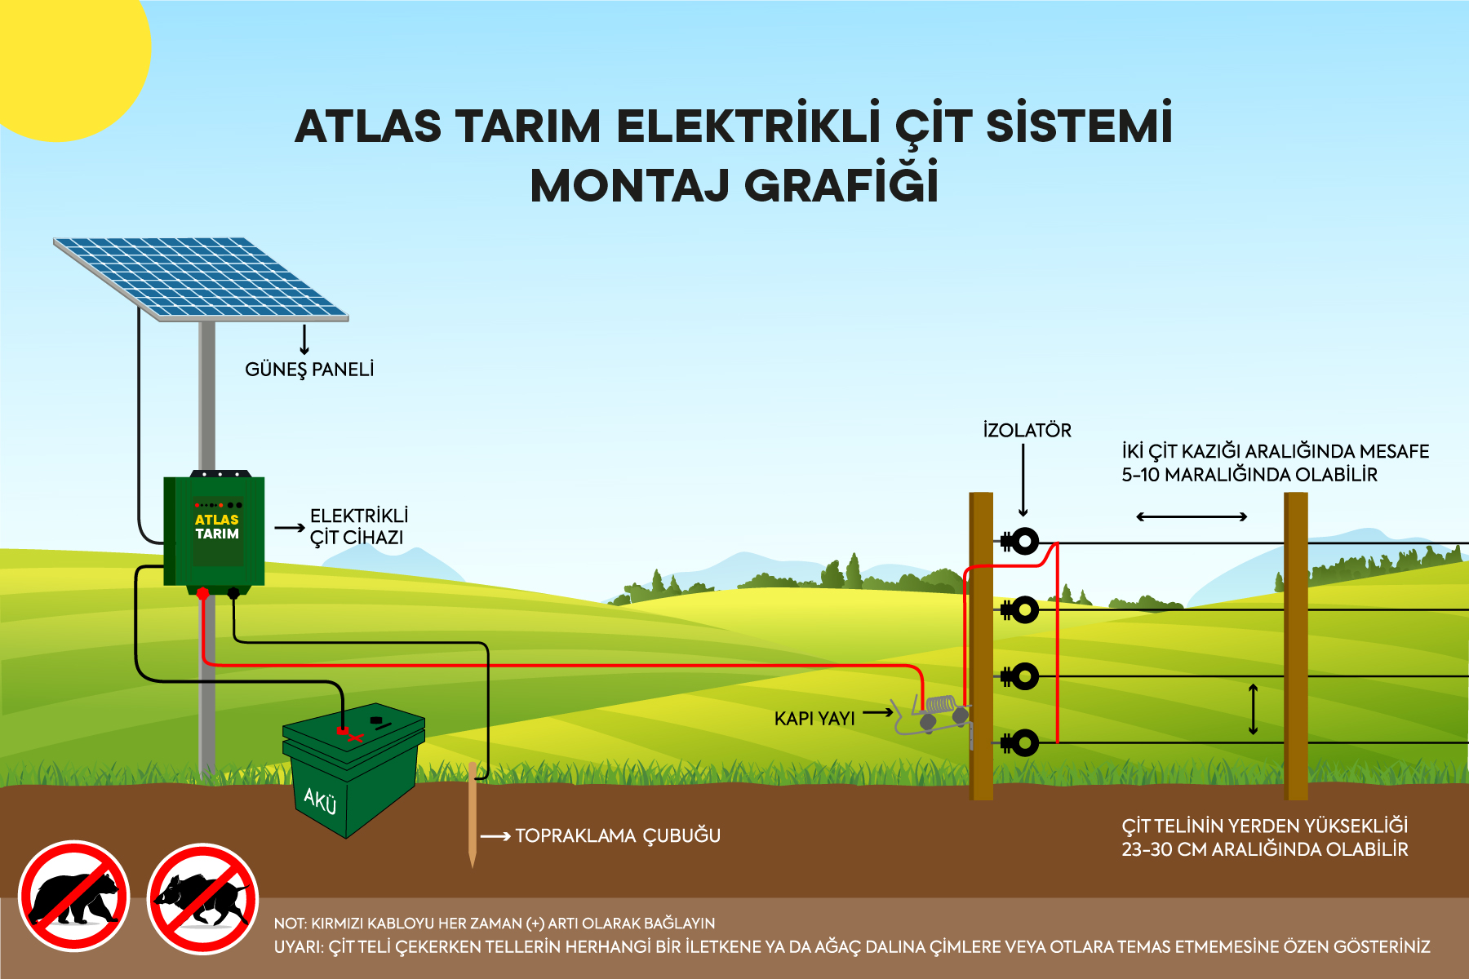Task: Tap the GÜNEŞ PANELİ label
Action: pos(309,370)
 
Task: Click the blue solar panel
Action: pos(201,278)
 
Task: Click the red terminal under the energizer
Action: pos(203,593)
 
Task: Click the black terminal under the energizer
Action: pos(233,593)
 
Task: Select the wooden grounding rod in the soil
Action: pos(472,814)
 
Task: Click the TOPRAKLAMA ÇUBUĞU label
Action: pos(618,835)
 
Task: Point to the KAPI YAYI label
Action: pos(814,719)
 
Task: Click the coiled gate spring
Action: pos(940,703)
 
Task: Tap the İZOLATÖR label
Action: pos(1027,430)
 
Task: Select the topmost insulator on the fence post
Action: pos(1020,541)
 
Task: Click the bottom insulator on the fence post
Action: pos(1020,742)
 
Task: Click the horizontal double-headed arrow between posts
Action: pos(1192,516)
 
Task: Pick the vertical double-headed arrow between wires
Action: pos(1254,709)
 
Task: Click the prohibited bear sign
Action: pos(74,896)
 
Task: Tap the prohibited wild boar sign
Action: pos(202,898)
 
